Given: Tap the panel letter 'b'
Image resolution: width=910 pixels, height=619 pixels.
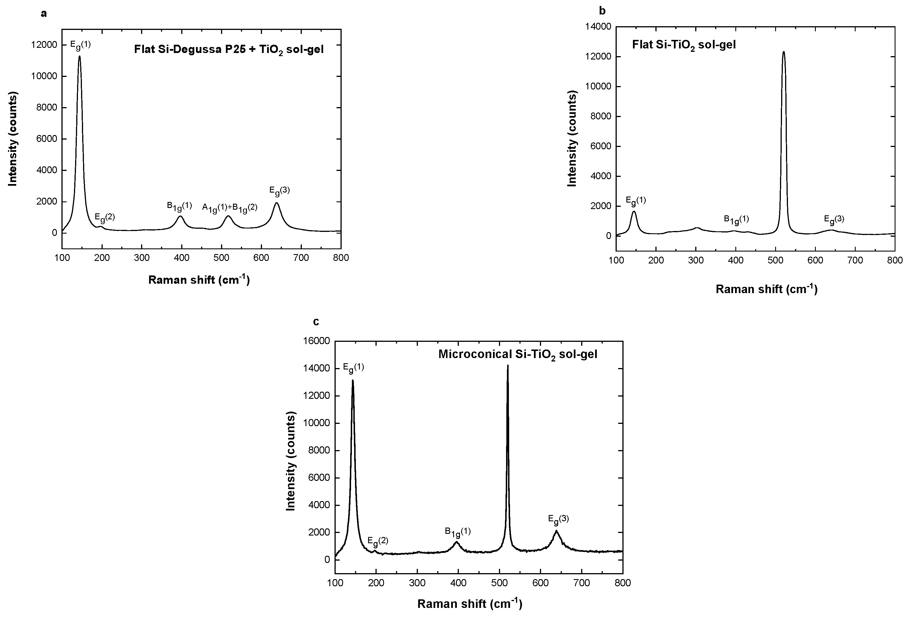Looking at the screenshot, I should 602,11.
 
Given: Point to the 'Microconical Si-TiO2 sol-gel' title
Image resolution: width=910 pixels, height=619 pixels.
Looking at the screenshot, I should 518,354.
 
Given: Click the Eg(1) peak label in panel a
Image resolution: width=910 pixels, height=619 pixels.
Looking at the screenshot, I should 80,45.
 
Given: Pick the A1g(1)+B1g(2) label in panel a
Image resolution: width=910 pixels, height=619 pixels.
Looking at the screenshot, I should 230,207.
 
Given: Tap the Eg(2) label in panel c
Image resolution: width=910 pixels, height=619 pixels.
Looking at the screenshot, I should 378,541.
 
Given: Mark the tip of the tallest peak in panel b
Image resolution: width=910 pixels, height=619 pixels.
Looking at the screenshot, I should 783,52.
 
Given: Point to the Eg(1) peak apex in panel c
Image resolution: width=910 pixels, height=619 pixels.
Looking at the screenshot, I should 353,380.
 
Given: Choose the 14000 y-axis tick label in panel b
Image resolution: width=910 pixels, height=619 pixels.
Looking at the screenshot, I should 598,27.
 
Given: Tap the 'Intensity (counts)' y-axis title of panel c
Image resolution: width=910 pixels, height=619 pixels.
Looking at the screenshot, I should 290,461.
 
